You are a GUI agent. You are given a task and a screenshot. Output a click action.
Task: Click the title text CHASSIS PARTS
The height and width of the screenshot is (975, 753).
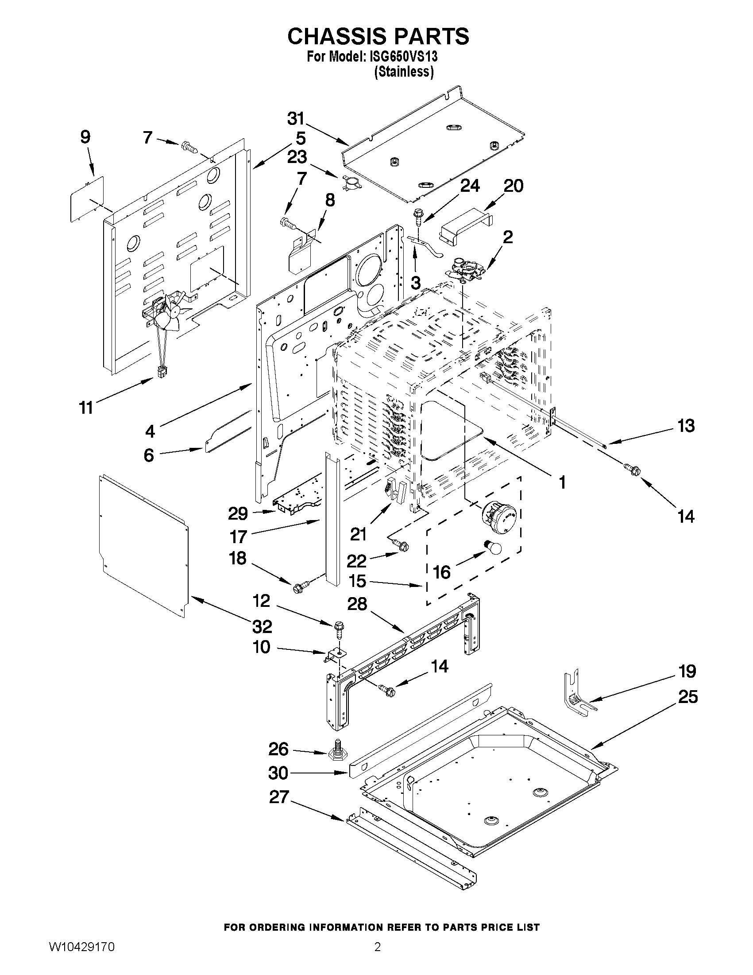(x=378, y=36)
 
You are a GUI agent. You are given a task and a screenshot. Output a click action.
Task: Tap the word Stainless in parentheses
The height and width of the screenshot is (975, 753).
(x=404, y=71)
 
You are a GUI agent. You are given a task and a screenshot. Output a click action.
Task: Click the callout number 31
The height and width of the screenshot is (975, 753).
(x=296, y=119)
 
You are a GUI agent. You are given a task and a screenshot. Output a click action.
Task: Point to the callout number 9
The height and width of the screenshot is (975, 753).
(x=85, y=136)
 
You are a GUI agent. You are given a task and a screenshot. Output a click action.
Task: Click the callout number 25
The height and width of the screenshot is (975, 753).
(x=687, y=697)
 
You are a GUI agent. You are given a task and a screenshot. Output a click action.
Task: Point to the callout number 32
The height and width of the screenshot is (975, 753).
(x=262, y=627)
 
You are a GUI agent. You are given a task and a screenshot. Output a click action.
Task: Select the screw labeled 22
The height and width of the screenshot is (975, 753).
(x=401, y=545)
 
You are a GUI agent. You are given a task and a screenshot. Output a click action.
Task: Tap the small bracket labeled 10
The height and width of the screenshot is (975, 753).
(x=335, y=655)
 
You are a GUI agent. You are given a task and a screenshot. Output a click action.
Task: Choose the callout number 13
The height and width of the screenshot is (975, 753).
(x=686, y=426)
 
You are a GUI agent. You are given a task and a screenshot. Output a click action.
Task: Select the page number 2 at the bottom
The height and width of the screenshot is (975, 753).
(x=378, y=959)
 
